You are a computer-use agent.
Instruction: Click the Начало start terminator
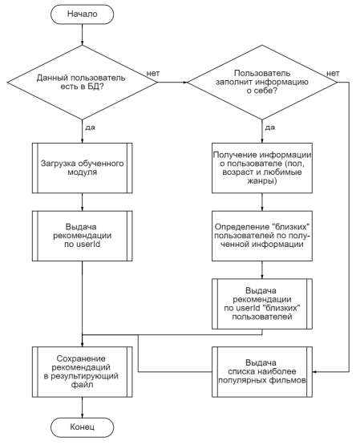coord(82,14)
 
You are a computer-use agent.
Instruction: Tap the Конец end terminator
coord(82,427)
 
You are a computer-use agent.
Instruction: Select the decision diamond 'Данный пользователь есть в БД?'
coord(82,83)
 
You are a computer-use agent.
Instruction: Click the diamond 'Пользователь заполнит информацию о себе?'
coord(262,83)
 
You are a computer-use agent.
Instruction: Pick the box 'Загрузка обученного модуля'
coord(82,168)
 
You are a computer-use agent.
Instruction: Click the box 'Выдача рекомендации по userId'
coord(82,236)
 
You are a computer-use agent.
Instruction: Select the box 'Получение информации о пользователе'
coord(262,168)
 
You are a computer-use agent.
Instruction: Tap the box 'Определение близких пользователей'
coord(262,236)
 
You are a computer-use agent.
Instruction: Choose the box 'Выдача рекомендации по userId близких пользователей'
coord(262,304)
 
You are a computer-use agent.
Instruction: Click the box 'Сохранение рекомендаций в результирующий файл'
coord(82,372)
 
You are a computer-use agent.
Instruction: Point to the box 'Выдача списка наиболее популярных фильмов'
coord(262,372)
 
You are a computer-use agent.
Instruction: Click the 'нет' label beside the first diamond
coord(153,73)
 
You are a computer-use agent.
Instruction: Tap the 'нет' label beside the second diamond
coord(333,73)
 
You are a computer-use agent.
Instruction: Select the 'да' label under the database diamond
coord(90,127)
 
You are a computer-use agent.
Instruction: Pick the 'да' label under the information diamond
coord(269,127)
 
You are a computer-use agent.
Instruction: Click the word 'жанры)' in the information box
coord(262,181)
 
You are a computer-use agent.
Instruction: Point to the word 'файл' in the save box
coord(82,385)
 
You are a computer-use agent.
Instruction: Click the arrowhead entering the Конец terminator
coord(82,415)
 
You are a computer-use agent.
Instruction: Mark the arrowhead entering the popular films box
coord(315,372)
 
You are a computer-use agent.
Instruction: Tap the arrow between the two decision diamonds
coord(172,83)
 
